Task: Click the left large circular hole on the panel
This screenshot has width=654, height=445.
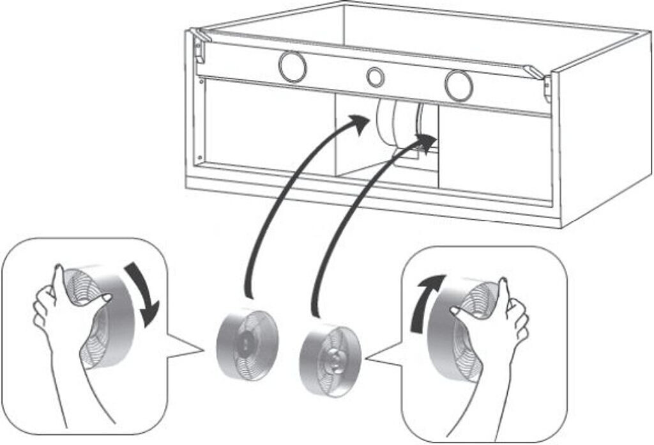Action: (292, 66)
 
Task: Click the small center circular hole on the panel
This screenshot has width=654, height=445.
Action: (376, 77)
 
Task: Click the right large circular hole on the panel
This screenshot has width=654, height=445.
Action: (459, 86)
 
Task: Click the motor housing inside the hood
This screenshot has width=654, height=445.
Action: (396, 125)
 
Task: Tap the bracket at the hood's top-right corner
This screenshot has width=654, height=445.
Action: (543, 80)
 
